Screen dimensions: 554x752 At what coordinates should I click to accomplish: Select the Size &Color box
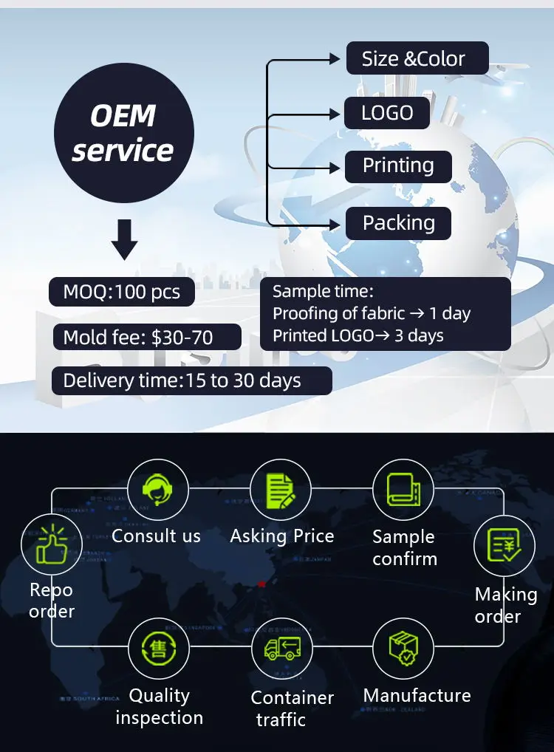(x=417, y=58)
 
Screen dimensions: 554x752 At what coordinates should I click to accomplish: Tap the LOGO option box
(x=386, y=113)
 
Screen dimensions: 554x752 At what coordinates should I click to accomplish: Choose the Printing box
(x=398, y=166)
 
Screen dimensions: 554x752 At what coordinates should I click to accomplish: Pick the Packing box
(x=398, y=222)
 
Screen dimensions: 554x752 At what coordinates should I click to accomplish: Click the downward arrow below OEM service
(x=123, y=239)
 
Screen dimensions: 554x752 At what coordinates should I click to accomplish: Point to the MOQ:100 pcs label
(x=122, y=292)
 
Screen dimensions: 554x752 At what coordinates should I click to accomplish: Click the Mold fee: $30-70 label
(x=146, y=338)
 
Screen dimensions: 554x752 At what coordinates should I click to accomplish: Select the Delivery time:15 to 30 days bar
(x=191, y=380)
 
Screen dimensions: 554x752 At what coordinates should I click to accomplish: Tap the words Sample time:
(x=323, y=292)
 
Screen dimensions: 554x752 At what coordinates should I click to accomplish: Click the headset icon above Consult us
(x=157, y=489)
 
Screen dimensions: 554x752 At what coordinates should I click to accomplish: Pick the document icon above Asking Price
(x=280, y=489)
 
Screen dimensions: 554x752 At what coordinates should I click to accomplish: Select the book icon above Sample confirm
(x=403, y=489)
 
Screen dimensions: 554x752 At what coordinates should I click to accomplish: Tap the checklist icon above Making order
(x=504, y=546)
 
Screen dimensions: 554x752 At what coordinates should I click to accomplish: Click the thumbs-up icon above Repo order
(x=52, y=545)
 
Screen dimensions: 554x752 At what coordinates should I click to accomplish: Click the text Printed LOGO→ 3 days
(x=358, y=335)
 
